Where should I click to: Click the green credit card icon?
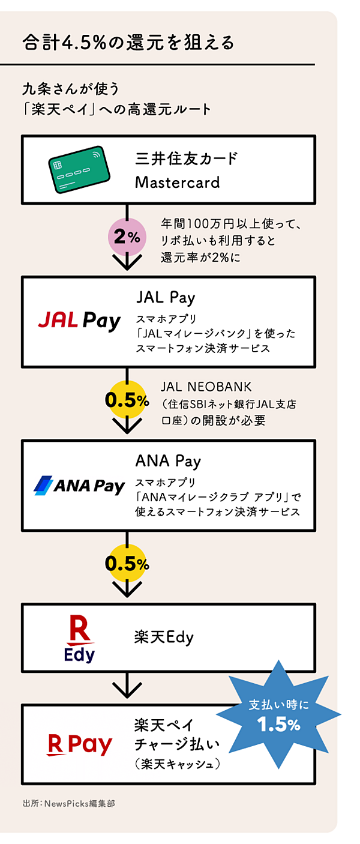click(x=79, y=170)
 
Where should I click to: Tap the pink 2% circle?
click(x=127, y=237)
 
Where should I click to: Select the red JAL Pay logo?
click(x=79, y=320)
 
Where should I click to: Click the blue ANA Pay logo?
click(x=79, y=485)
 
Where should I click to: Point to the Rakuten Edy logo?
click(x=80, y=640)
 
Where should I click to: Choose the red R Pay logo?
click(x=80, y=745)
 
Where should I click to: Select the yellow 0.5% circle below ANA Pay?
click(x=127, y=564)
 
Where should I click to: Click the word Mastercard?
click(x=177, y=182)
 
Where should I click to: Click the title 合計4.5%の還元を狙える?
click(x=127, y=43)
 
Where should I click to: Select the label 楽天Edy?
click(x=164, y=637)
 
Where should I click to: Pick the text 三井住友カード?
click(x=186, y=159)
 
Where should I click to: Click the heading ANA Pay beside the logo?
click(x=168, y=461)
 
